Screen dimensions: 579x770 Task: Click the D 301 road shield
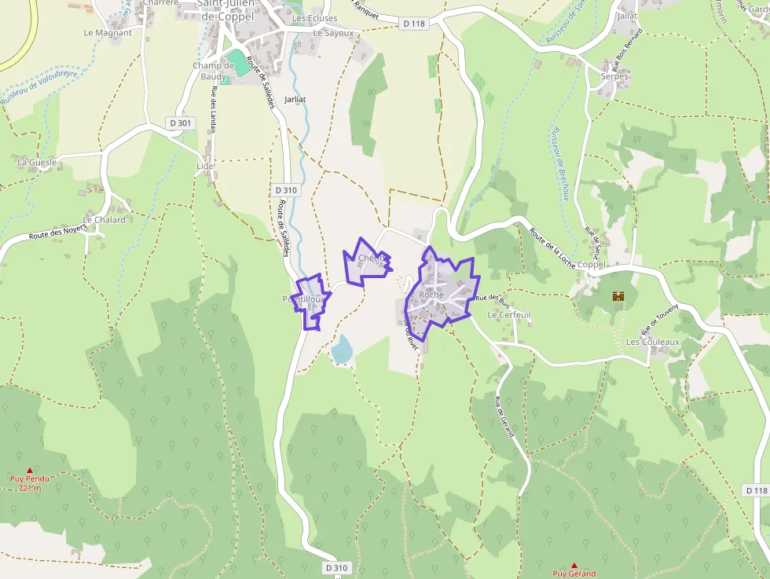(180, 123)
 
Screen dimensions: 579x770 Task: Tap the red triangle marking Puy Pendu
(30, 471)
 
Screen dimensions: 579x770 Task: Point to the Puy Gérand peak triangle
(574, 566)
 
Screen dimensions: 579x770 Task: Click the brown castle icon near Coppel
(618, 296)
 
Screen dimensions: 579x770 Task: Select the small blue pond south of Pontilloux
(342, 349)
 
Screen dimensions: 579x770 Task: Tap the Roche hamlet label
(431, 295)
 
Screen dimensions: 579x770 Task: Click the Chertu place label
(372, 258)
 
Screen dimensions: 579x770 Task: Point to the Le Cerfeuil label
(509, 314)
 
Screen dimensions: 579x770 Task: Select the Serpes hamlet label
(615, 76)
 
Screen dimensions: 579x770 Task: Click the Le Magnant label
(108, 33)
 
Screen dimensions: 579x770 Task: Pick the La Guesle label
(37, 162)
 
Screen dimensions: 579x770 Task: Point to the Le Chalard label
(104, 220)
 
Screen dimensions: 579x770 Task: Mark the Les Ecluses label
(315, 18)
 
